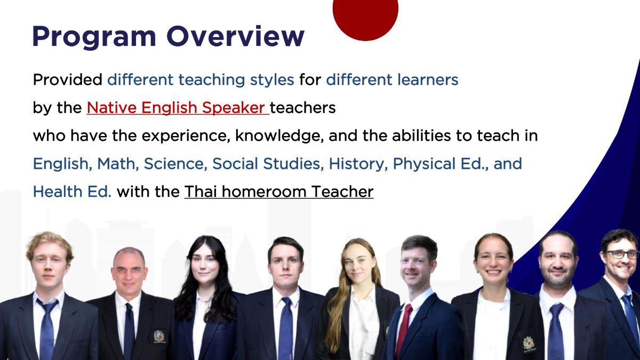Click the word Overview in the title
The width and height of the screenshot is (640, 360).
click(x=235, y=37)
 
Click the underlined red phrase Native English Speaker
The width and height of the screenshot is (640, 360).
click(x=177, y=108)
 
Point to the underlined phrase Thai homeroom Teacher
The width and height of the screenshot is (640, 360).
click(x=278, y=191)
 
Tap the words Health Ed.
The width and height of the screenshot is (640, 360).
click(x=72, y=191)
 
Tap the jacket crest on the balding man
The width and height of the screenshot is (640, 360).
click(x=158, y=335)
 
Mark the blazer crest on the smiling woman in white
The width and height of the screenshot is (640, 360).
click(x=528, y=343)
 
